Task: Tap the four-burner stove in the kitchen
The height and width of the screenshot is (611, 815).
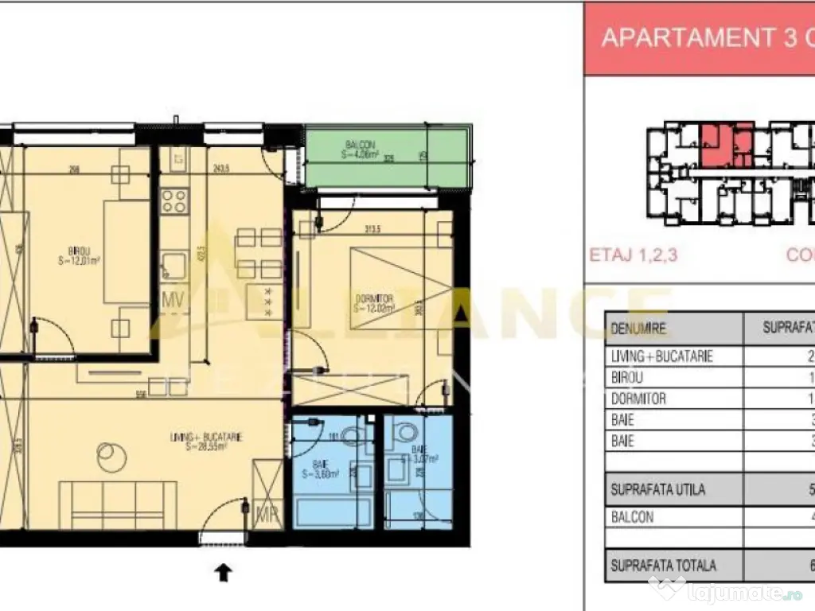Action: [x=174, y=200]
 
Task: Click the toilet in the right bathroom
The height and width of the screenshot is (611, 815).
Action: [x=407, y=433]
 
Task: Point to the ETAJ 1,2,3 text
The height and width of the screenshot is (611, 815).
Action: [x=633, y=255]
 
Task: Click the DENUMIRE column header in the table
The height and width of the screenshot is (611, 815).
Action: [x=638, y=328]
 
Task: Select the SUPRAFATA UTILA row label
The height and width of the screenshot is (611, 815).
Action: [x=657, y=489]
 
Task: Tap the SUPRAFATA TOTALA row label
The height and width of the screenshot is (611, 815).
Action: [x=663, y=566]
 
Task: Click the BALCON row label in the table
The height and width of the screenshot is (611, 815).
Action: [x=632, y=516]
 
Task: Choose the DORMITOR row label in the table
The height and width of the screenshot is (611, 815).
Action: [x=638, y=399]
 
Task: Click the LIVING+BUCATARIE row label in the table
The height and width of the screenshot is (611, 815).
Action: [x=661, y=356]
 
